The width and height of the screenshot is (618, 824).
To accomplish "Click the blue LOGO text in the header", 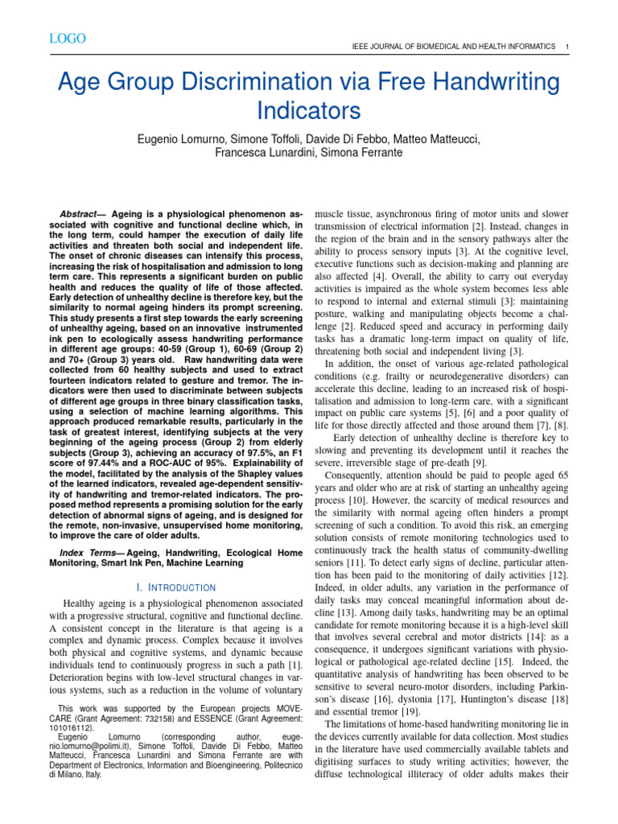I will pos(68,39).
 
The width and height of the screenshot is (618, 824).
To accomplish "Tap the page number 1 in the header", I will pos(568,47).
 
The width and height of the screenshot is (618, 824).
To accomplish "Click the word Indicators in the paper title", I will pos(309,109).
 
